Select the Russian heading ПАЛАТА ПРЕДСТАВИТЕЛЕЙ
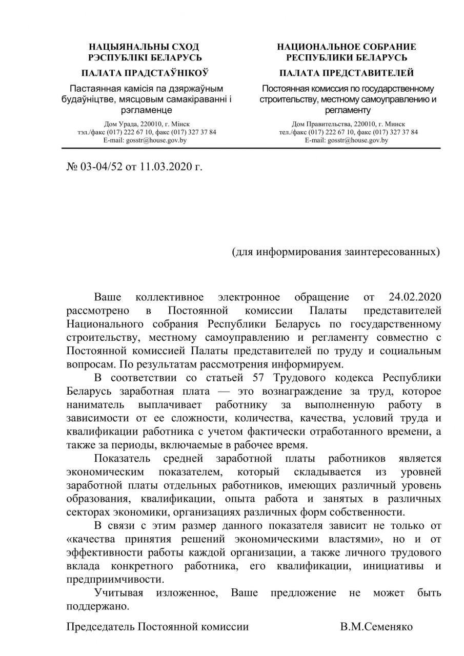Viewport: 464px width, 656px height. (x=347, y=73)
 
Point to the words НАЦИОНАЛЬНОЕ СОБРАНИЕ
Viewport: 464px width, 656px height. (x=347, y=47)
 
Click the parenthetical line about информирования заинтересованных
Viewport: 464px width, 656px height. (x=336, y=252)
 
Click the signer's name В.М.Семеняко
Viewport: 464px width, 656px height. (x=376, y=626)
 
